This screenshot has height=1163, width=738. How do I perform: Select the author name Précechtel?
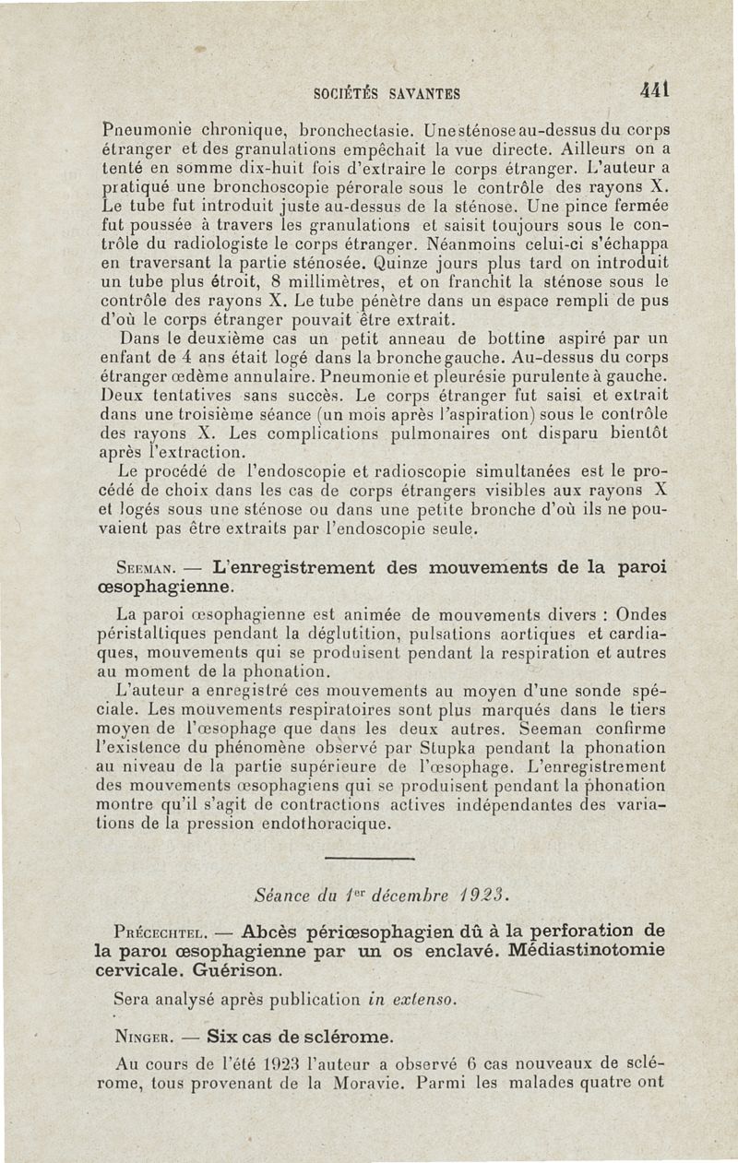(x=150, y=932)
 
